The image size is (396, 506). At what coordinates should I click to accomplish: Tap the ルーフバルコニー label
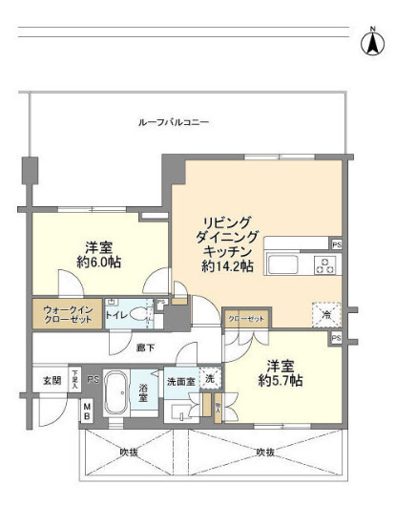tap(175, 122)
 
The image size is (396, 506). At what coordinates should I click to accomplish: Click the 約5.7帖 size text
tap(283, 381)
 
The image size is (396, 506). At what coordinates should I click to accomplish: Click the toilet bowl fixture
tap(140, 315)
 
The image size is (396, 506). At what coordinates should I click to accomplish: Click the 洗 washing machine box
tap(209, 377)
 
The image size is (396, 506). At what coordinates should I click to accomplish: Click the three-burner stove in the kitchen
tap(324, 264)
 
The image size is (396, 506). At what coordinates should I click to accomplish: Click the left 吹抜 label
tap(129, 453)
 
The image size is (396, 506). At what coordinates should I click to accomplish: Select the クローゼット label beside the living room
tap(245, 319)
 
